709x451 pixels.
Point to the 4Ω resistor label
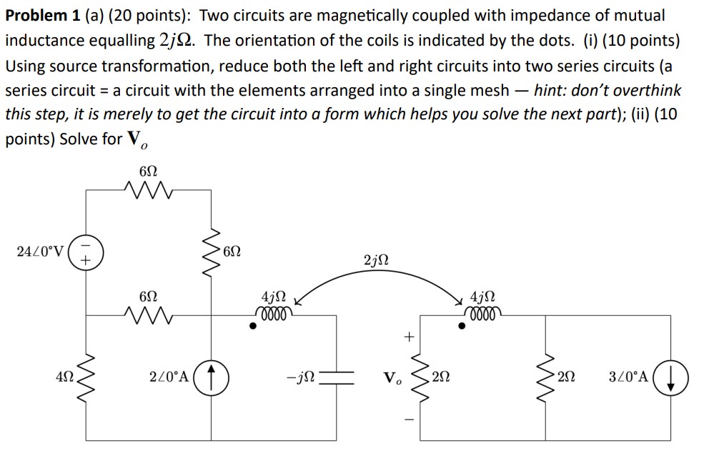pyautogui.click(x=65, y=377)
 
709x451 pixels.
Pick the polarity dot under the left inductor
pyautogui.click(x=253, y=327)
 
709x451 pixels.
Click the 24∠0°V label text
pyautogui.click(x=40, y=251)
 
